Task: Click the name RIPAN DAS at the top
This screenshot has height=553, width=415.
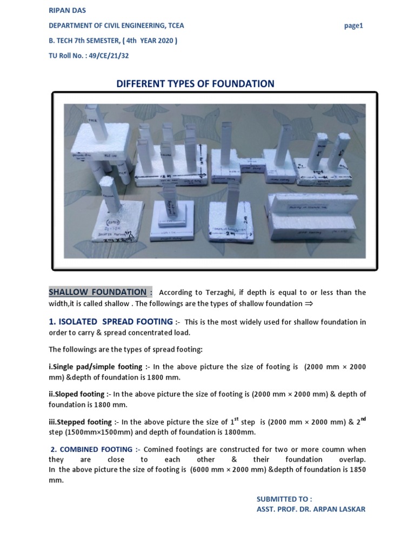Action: pyautogui.click(x=66, y=10)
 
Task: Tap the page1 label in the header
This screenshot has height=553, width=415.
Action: pyautogui.click(x=353, y=26)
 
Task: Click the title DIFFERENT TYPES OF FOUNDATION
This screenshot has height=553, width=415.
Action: pyautogui.click(x=196, y=84)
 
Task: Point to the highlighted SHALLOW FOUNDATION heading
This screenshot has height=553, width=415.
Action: pyautogui.click(x=97, y=292)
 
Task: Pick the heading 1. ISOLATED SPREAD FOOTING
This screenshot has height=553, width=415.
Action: pyautogui.click(x=111, y=321)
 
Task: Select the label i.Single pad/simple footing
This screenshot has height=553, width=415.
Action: pyautogui.click(x=95, y=367)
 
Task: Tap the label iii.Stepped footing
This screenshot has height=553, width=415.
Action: pyautogui.click(x=81, y=422)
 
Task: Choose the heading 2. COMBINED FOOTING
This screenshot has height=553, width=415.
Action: pyautogui.click(x=91, y=449)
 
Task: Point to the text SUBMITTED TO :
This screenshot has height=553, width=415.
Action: pyautogui.click(x=284, y=499)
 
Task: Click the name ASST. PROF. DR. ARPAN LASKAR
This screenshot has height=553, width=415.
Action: pyautogui.click(x=311, y=509)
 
